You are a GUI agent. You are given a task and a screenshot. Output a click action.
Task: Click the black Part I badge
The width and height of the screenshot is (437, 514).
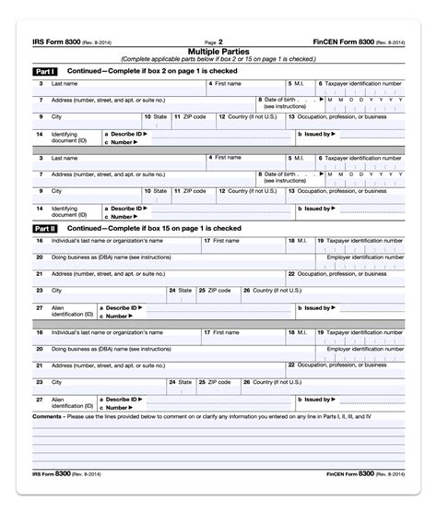44,71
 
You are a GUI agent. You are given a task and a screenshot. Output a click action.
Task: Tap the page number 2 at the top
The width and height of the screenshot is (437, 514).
221,42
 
